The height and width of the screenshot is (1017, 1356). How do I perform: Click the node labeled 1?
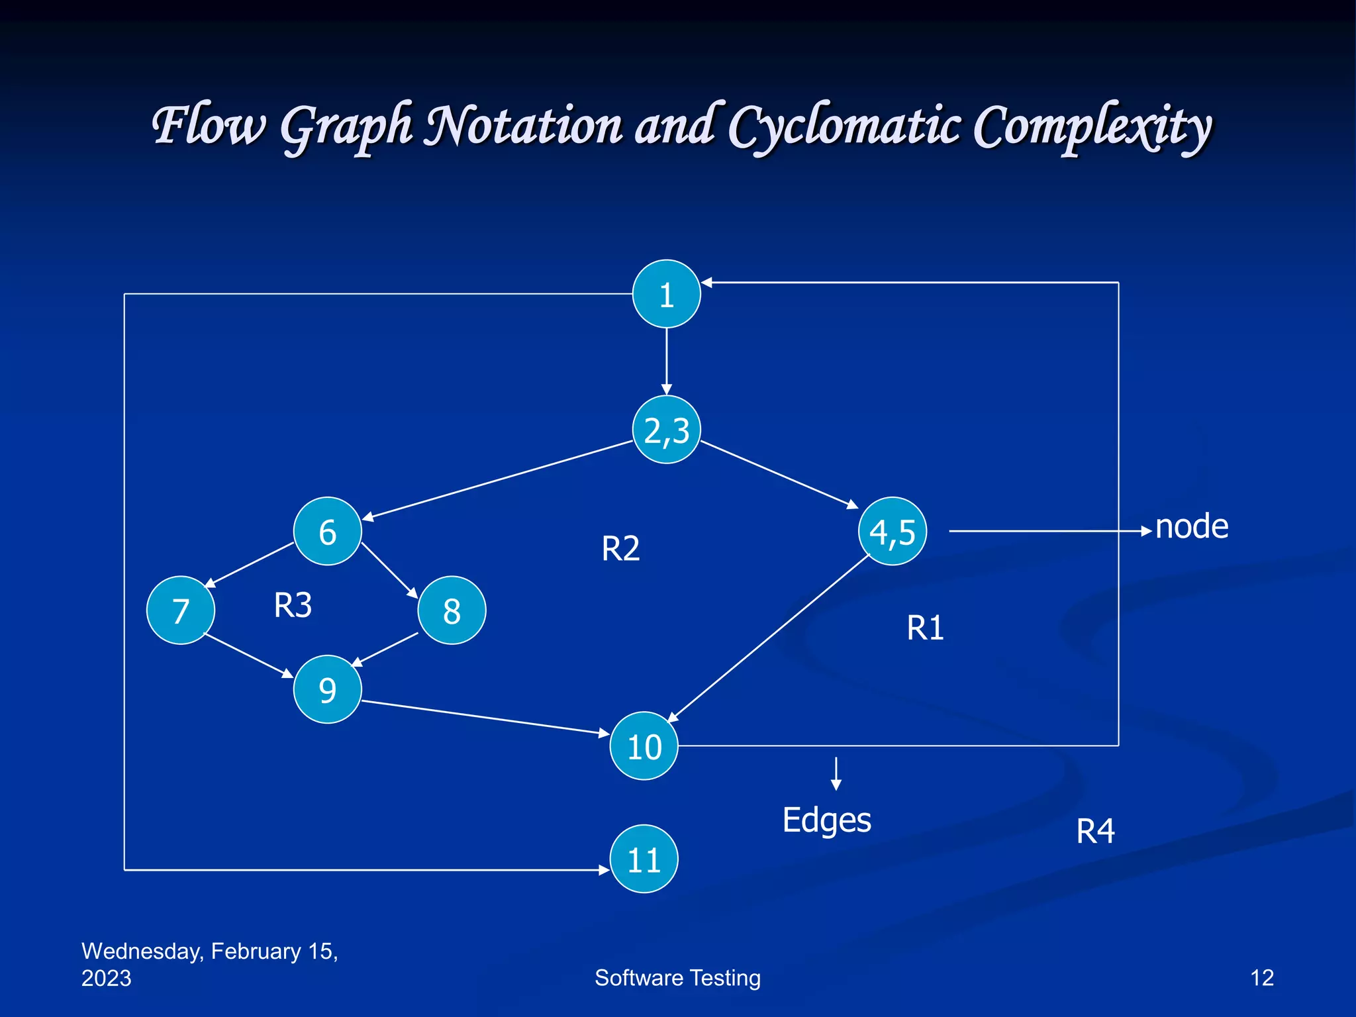[x=666, y=294]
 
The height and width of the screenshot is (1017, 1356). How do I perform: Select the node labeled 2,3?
[x=666, y=430]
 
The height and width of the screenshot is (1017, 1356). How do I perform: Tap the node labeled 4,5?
[x=892, y=531]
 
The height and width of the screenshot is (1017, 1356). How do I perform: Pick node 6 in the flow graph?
[x=327, y=531]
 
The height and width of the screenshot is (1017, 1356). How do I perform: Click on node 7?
[x=180, y=610]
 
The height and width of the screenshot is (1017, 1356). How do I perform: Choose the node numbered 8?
[x=452, y=610]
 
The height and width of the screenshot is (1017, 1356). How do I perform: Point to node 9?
[x=327, y=689]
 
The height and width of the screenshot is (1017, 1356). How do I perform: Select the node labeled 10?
[x=644, y=746]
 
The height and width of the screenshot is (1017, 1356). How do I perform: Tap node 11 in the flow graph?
[x=644, y=859]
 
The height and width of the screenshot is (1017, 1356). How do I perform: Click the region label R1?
[x=925, y=628]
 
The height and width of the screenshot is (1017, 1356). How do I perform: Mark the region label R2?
[x=620, y=548]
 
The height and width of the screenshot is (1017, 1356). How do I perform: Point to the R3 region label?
[x=293, y=605]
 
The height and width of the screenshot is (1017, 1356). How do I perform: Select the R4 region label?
[x=1095, y=831]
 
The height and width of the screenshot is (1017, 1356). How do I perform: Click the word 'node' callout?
[x=1191, y=527]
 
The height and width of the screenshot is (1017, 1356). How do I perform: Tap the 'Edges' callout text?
[x=826, y=820]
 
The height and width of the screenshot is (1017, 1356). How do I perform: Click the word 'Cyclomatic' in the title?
[x=844, y=126]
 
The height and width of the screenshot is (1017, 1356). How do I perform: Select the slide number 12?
[x=1261, y=978]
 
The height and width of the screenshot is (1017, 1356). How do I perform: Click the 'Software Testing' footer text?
[x=677, y=978]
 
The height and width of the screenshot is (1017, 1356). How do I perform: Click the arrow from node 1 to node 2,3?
[x=666, y=362]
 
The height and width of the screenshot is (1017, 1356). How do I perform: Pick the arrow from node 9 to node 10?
[x=485, y=717]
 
